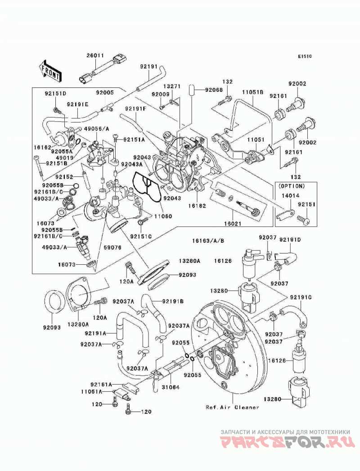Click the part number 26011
[95, 55]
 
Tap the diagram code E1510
[305, 56]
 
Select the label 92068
[214, 90]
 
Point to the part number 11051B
[253, 92]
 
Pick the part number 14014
[290, 195]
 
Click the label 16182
[197, 206]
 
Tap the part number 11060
[163, 216]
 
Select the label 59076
[112, 248]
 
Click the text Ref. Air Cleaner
[232, 408]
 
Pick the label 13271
[172, 86]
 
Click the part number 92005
[105, 93]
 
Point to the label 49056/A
[96, 129]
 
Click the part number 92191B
[173, 301]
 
